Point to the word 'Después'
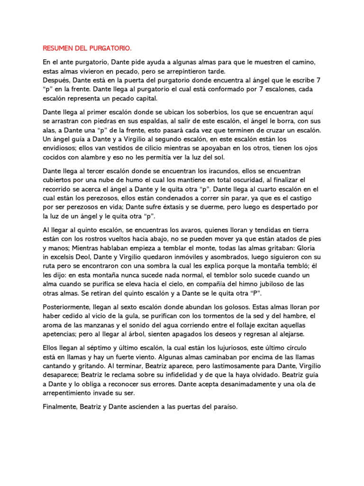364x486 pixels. [56, 80]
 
